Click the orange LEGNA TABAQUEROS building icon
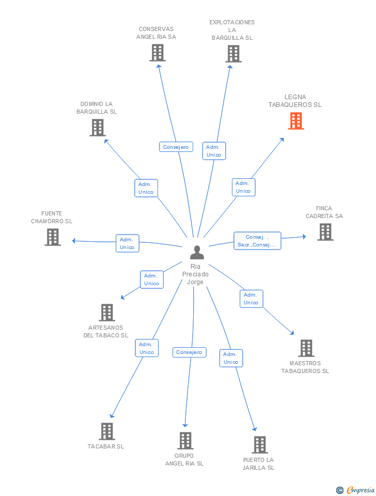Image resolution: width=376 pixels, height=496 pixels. (x=295, y=121)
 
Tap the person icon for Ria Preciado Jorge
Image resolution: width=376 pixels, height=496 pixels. (x=197, y=252)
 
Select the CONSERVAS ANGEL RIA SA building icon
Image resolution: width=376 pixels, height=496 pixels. (x=158, y=53)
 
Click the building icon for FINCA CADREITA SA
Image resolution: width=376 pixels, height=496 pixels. (x=325, y=232)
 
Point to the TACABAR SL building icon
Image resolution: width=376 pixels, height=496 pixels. (x=107, y=431)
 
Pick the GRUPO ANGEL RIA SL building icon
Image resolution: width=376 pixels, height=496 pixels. (x=185, y=441)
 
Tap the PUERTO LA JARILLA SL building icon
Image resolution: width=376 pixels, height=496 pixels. (x=260, y=445)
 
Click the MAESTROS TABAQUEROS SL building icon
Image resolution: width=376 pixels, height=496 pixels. (x=306, y=348)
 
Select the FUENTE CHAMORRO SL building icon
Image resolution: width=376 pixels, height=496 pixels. (x=53, y=237)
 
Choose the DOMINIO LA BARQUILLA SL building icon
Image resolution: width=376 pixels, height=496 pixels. (x=98, y=128)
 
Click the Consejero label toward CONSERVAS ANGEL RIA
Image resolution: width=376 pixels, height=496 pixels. (x=176, y=147)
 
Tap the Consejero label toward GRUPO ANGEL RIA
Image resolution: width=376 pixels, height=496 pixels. (x=189, y=352)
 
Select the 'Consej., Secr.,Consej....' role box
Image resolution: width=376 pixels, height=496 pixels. (x=257, y=241)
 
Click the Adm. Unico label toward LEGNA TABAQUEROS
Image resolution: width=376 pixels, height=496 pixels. (x=243, y=187)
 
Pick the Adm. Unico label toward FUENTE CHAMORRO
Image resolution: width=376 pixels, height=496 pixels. (x=127, y=243)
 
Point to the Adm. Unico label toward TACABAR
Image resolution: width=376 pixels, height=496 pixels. (x=147, y=348)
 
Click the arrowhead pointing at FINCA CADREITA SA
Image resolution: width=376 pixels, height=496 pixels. (x=304, y=236)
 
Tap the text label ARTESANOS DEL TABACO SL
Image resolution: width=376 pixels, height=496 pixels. (x=106, y=332)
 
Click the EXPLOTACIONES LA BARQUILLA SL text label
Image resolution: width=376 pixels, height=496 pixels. (x=232, y=30)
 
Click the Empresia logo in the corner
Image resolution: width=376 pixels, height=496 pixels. (x=355, y=490)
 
